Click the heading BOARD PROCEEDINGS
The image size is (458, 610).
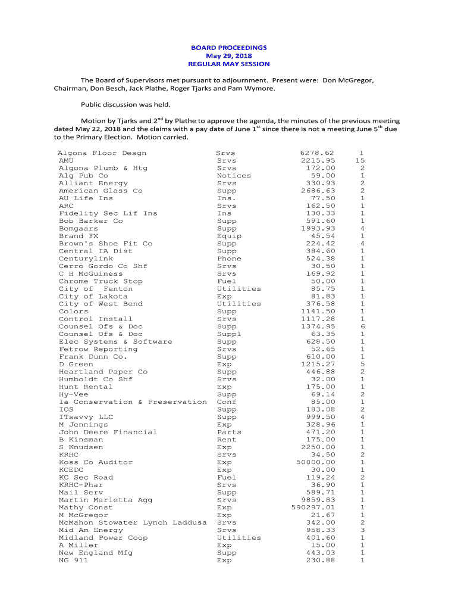(x=229, y=47)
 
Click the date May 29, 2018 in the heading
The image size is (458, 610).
(x=229, y=55)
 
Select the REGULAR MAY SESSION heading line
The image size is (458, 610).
(x=229, y=64)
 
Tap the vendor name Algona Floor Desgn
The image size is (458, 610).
(x=102, y=153)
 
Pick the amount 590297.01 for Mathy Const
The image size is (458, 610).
(x=313, y=508)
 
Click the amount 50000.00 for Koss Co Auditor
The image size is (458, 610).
(x=316, y=462)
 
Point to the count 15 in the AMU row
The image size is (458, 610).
(x=360, y=161)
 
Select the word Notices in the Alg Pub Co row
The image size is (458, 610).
(x=234, y=176)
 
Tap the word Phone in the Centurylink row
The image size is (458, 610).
(x=229, y=259)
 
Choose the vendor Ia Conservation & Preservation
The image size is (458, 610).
(x=133, y=402)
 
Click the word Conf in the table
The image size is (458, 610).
(x=227, y=402)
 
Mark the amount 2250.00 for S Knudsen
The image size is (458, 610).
(x=318, y=447)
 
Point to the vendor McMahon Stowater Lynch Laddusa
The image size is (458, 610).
(x=133, y=523)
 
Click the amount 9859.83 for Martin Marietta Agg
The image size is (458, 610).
(x=318, y=500)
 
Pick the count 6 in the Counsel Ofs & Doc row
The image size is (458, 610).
(x=362, y=326)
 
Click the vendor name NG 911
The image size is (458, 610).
(x=73, y=561)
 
